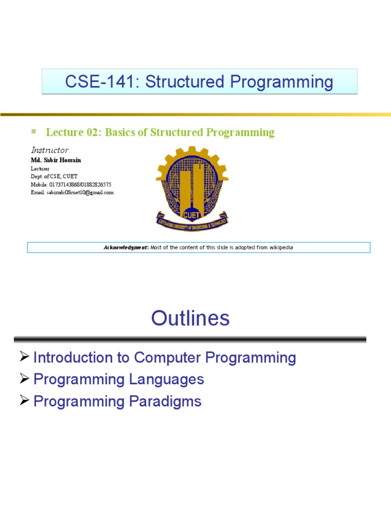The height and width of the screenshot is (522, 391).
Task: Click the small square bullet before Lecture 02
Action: click(34, 131)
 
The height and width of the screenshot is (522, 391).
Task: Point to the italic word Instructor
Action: click(49, 150)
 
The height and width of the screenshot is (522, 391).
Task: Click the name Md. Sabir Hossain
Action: click(56, 160)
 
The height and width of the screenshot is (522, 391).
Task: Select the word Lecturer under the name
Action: click(40, 168)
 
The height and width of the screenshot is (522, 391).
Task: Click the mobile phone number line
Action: click(71, 185)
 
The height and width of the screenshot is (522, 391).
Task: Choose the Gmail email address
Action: click(72, 193)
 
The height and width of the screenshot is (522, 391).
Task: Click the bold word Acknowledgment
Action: click(126, 248)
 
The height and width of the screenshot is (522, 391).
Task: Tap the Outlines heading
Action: click(190, 319)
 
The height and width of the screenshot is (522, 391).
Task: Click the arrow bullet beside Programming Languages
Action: click(24, 379)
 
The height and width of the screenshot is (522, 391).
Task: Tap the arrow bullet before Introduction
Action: click(24, 357)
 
